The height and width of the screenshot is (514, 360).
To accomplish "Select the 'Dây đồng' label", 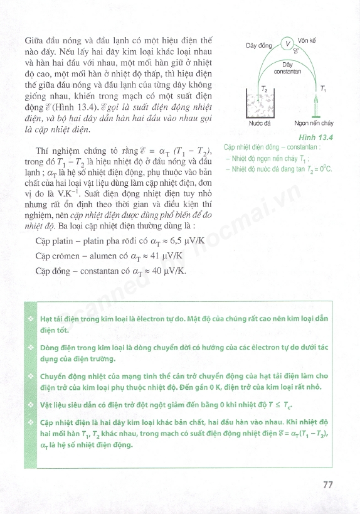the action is click(x=258, y=46).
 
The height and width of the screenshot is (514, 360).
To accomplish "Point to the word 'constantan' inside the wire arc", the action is click(x=288, y=72).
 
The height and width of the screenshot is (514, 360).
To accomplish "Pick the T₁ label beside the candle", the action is click(x=322, y=88).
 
